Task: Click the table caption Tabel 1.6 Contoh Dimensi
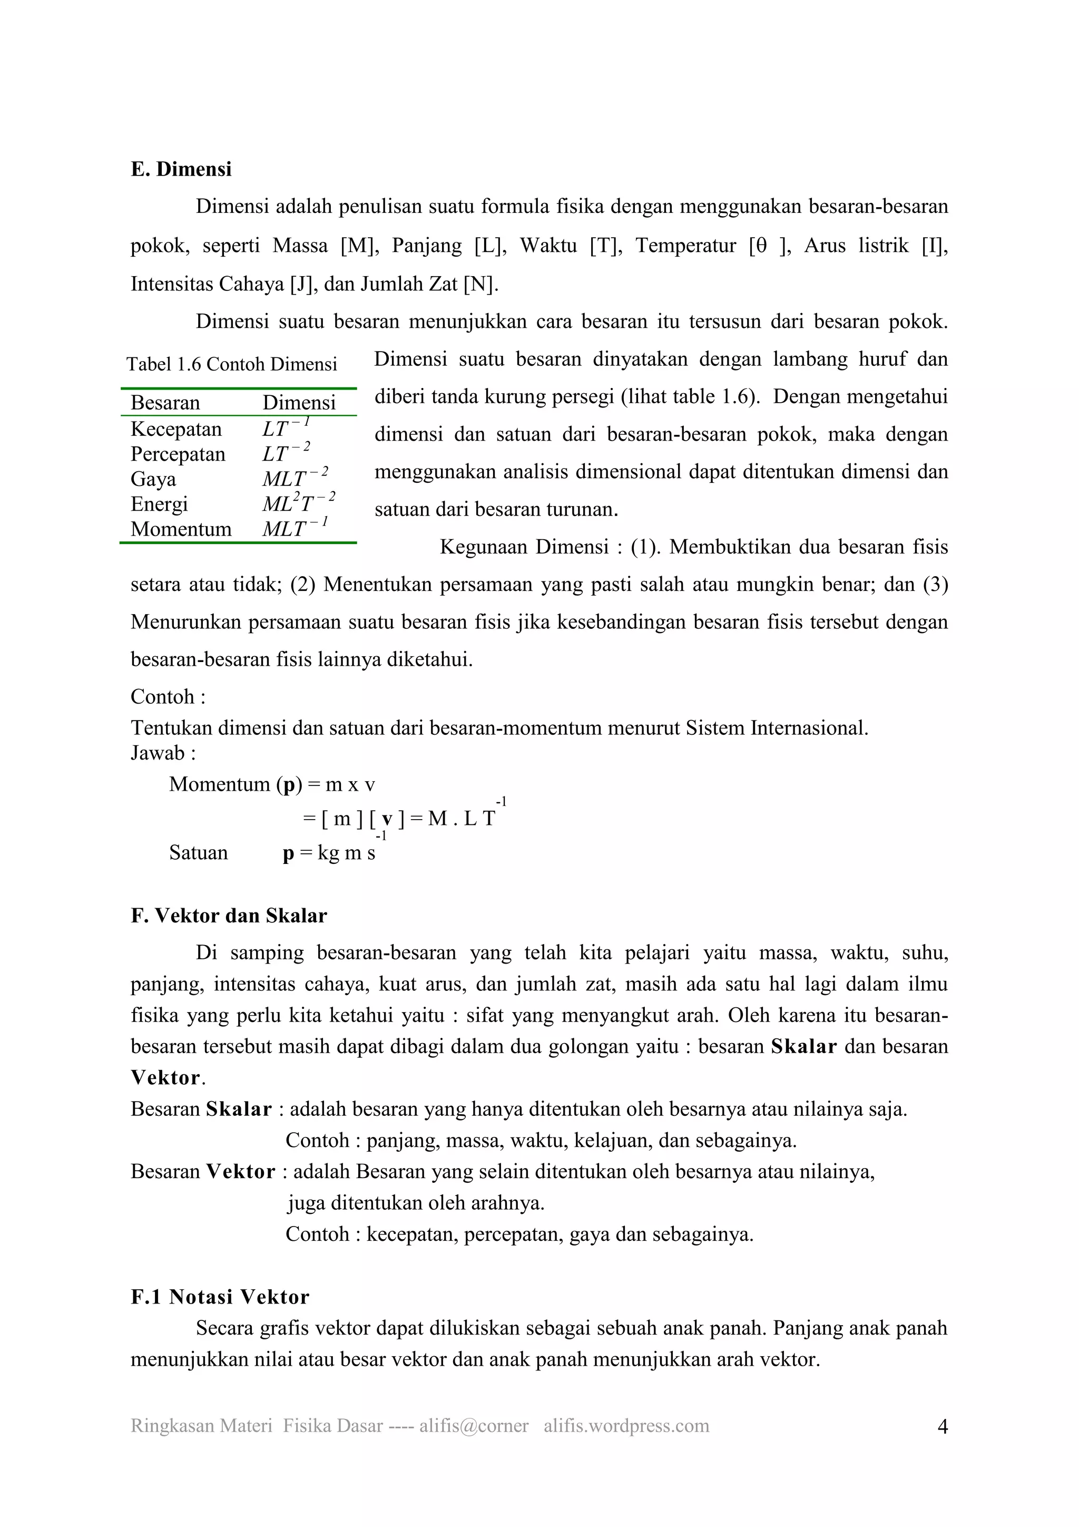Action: [x=231, y=364]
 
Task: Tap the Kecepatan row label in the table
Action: [x=176, y=429]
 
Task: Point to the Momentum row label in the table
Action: [x=181, y=529]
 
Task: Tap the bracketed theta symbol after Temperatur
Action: [x=769, y=246]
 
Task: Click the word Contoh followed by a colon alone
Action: [x=168, y=696]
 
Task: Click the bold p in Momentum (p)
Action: [x=289, y=785]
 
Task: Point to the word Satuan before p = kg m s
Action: [x=198, y=853]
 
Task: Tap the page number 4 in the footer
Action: [x=941, y=1426]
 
